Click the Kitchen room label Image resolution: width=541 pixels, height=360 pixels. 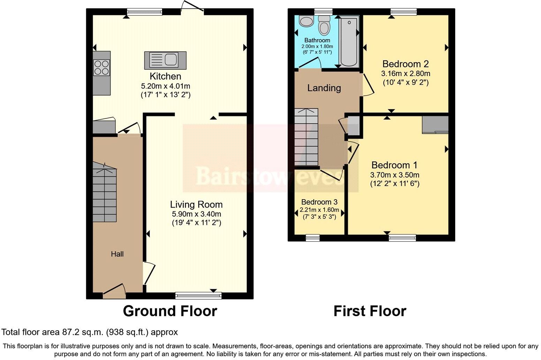click(x=165, y=76)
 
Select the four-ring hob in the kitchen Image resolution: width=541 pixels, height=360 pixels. click(x=101, y=67)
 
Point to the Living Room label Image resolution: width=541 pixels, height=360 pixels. click(x=196, y=204)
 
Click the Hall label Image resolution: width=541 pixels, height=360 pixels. click(x=117, y=254)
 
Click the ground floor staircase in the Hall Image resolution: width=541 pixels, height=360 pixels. click(x=104, y=194)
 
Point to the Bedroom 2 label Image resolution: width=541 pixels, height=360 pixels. click(x=405, y=64)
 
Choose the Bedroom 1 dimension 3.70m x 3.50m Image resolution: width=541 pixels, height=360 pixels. click(x=395, y=175)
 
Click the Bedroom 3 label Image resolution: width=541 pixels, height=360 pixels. click(x=319, y=202)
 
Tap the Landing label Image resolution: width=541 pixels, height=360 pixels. click(x=324, y=88)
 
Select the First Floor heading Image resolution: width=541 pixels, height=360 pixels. click(x=369, y=311)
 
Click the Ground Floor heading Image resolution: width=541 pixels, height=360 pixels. click(x=170, y=311)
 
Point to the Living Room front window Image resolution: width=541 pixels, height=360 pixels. click(x=198, y=296)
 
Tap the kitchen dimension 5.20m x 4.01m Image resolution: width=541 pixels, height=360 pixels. click(x=165, y=86)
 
